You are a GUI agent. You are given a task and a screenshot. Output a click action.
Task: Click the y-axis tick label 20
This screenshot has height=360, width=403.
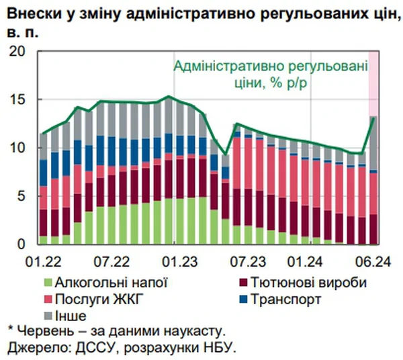[x=15, y=52]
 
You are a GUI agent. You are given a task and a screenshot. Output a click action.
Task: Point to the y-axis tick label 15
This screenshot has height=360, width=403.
[x=15, y=99]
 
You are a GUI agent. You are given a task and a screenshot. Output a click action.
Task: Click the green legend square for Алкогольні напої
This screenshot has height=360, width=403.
[x=48, y=283]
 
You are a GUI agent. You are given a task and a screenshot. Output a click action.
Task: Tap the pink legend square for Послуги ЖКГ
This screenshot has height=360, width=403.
[x=48, y=299]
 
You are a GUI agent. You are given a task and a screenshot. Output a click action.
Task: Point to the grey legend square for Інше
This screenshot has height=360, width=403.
[x=48, y=314]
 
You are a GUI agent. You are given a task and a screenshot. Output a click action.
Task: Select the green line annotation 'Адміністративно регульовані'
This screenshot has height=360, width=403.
[x=271, y=66]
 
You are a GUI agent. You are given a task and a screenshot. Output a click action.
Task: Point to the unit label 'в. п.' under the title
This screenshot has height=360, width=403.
[x=21, y=30]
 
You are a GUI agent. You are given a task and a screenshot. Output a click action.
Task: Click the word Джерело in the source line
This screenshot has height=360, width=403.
[x=34, y=347]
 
